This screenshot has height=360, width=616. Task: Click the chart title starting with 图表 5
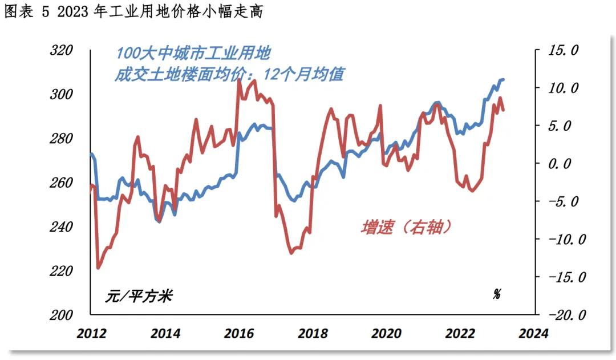tap(134, 12)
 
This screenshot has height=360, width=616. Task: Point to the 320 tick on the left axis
tap(62, 50)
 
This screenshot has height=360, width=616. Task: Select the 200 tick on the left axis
tap(62, 315)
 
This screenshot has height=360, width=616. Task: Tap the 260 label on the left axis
tap(62, 183)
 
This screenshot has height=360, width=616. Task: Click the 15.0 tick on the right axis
tap(563, 51)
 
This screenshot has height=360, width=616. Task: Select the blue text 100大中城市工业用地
tap(193, 54)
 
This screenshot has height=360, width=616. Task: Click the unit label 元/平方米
tap(139, 296)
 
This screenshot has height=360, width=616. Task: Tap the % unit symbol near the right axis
tap(497, 294)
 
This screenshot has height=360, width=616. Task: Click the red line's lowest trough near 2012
tap(98, 268)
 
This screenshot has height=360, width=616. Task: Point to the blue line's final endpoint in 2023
tap(504, 79)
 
